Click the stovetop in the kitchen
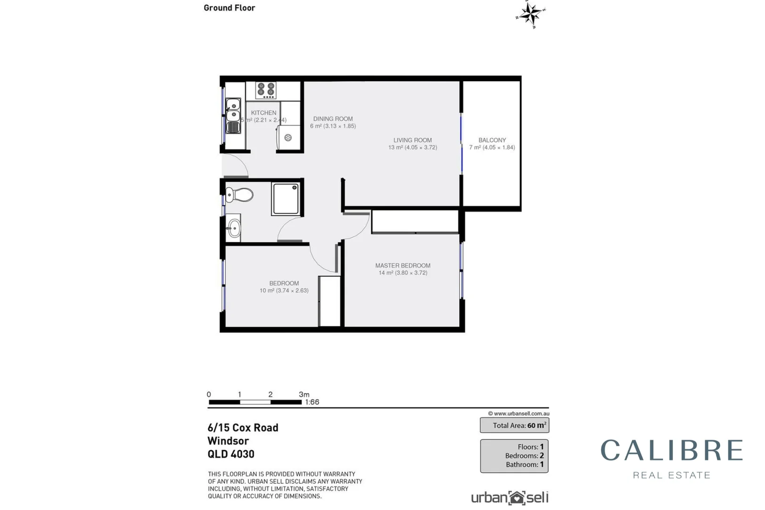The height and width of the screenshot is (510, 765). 266,90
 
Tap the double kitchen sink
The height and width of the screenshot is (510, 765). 233,116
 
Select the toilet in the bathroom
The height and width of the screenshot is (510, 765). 239,195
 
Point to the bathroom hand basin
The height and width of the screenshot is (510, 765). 233,229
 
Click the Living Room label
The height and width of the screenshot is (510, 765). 412,140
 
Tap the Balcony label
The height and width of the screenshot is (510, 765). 492,140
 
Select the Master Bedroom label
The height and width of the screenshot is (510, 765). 402,266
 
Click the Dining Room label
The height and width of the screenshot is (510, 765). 333,119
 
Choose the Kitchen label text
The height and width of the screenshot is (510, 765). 263,113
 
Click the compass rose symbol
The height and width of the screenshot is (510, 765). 531,15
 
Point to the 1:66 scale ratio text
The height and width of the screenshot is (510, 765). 312,402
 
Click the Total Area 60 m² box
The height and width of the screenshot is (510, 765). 514,425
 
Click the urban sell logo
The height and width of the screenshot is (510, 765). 510,498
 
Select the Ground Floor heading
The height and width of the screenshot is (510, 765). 229,8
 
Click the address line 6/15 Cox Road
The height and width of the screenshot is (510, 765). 243,428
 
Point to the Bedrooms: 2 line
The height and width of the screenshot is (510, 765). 524,456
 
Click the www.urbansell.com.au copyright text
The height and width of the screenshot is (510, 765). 518,414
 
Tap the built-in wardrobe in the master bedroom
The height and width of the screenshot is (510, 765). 415,221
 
